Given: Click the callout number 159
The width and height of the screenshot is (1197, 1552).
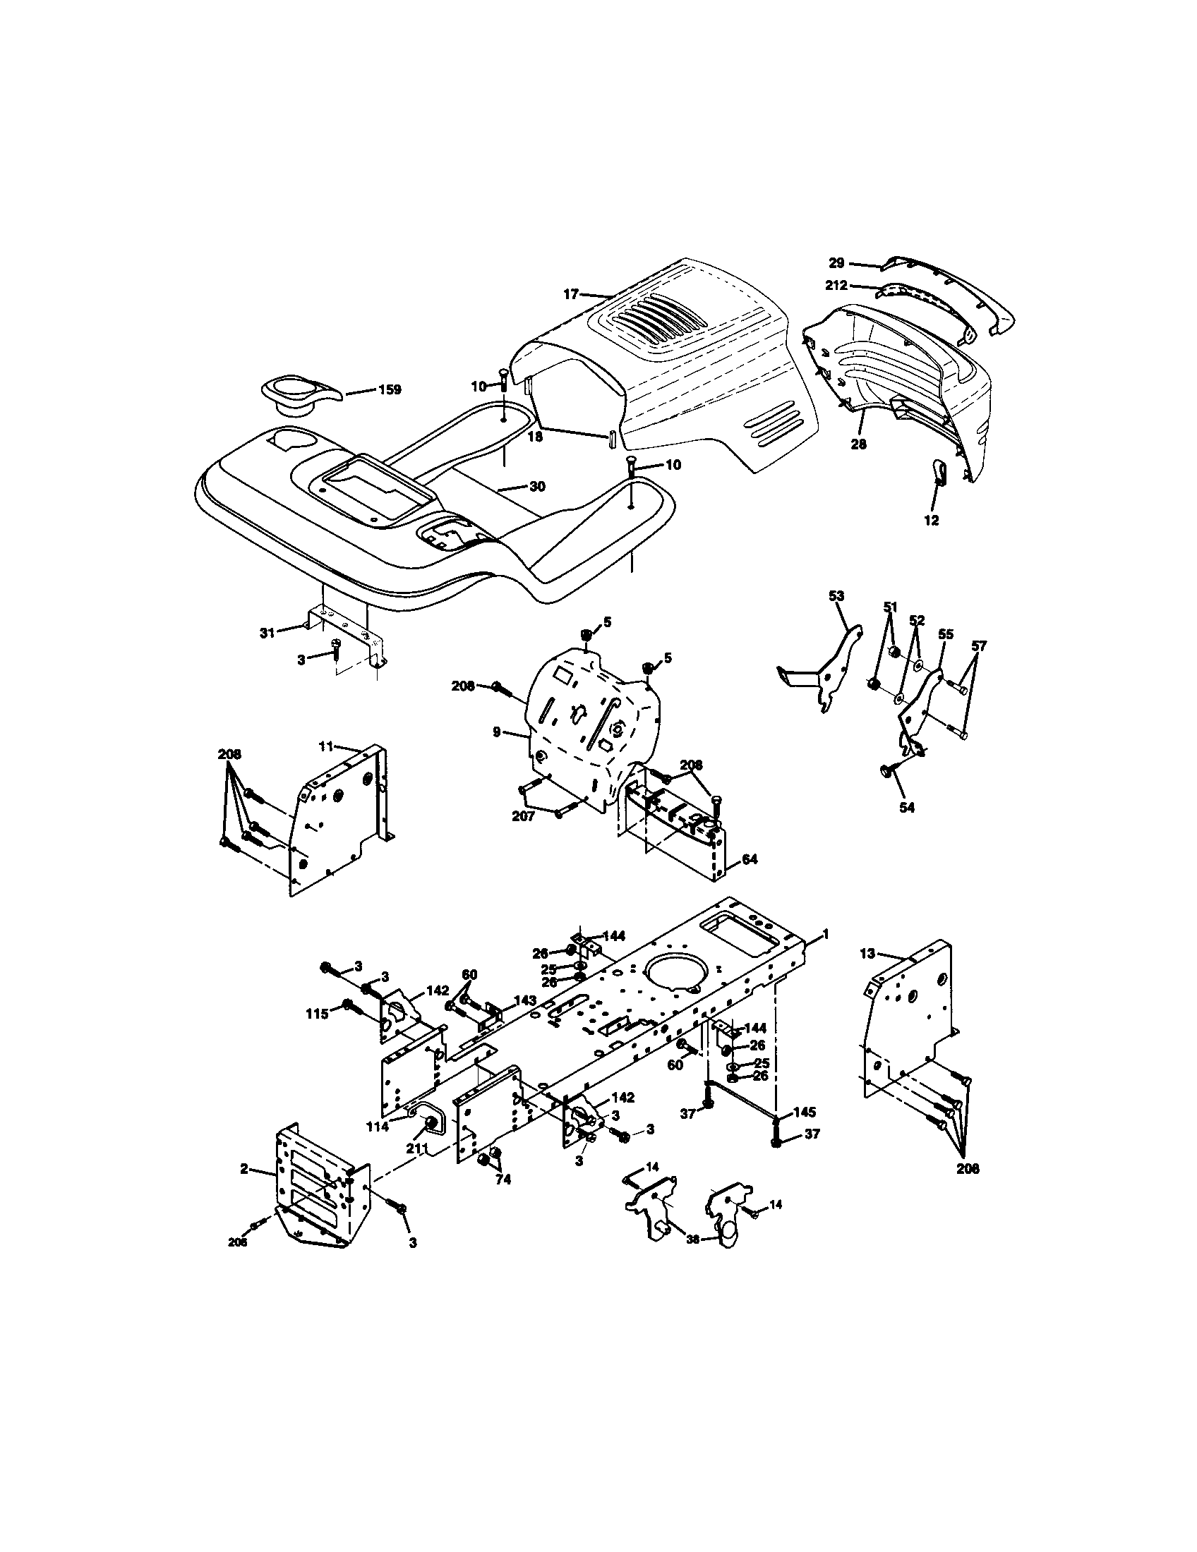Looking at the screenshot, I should coord(390,389).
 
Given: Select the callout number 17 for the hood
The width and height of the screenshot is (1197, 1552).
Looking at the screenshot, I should coord(571,293).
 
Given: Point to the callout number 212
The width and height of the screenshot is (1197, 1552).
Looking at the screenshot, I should coord(836,286).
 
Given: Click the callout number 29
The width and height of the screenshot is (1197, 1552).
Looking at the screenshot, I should coord(836,263).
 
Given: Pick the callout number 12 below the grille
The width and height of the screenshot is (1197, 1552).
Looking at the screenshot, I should coord(931,520).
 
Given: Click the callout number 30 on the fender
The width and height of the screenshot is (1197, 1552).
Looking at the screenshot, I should coord(537,487).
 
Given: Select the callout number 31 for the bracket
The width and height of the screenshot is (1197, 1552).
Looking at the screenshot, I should coord(267,633).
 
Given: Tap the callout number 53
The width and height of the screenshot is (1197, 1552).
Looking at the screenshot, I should coord(836,595).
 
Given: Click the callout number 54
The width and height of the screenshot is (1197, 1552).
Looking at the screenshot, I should coord(907,807).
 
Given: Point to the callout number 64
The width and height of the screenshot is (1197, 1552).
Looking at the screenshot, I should coord(750,859).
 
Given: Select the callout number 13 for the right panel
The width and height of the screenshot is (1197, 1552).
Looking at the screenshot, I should coord(867,954).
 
